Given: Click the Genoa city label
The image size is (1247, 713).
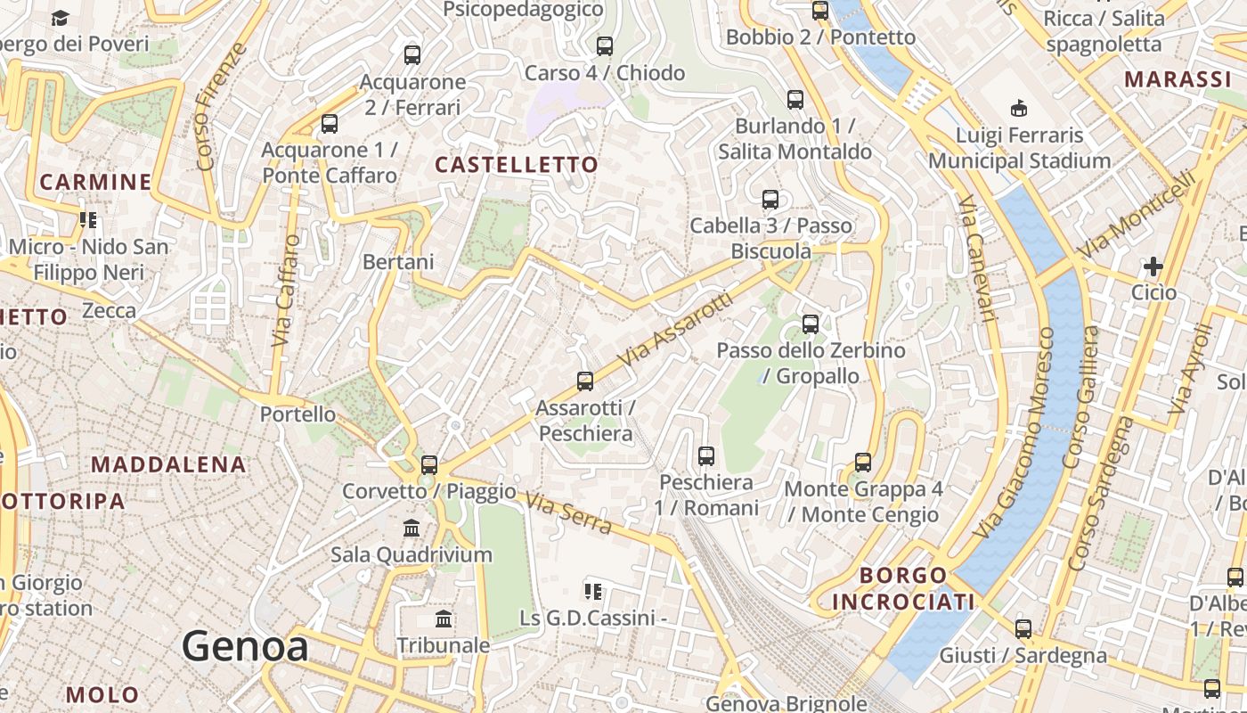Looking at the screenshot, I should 245,646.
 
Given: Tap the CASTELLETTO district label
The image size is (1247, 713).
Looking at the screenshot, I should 517,165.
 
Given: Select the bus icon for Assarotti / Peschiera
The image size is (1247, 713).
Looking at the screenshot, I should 585,381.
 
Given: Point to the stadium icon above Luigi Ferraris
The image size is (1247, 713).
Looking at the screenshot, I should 1019,109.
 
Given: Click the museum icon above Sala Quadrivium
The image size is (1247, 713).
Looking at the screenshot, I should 412,528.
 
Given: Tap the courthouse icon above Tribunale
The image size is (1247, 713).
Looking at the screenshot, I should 444,619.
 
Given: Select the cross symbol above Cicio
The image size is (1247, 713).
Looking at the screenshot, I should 1153,266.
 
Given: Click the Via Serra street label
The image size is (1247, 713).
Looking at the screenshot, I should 568,513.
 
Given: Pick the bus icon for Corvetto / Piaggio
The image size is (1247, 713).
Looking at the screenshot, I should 429,464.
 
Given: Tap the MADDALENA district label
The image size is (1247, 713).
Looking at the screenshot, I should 168,464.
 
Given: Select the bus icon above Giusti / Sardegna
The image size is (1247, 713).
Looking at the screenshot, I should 1023,629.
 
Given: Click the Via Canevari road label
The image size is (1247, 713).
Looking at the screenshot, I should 977,258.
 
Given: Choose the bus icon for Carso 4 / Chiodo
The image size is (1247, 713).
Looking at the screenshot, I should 605,45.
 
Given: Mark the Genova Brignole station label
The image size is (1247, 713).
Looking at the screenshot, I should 786,703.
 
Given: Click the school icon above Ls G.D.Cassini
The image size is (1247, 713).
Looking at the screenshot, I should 592,591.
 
